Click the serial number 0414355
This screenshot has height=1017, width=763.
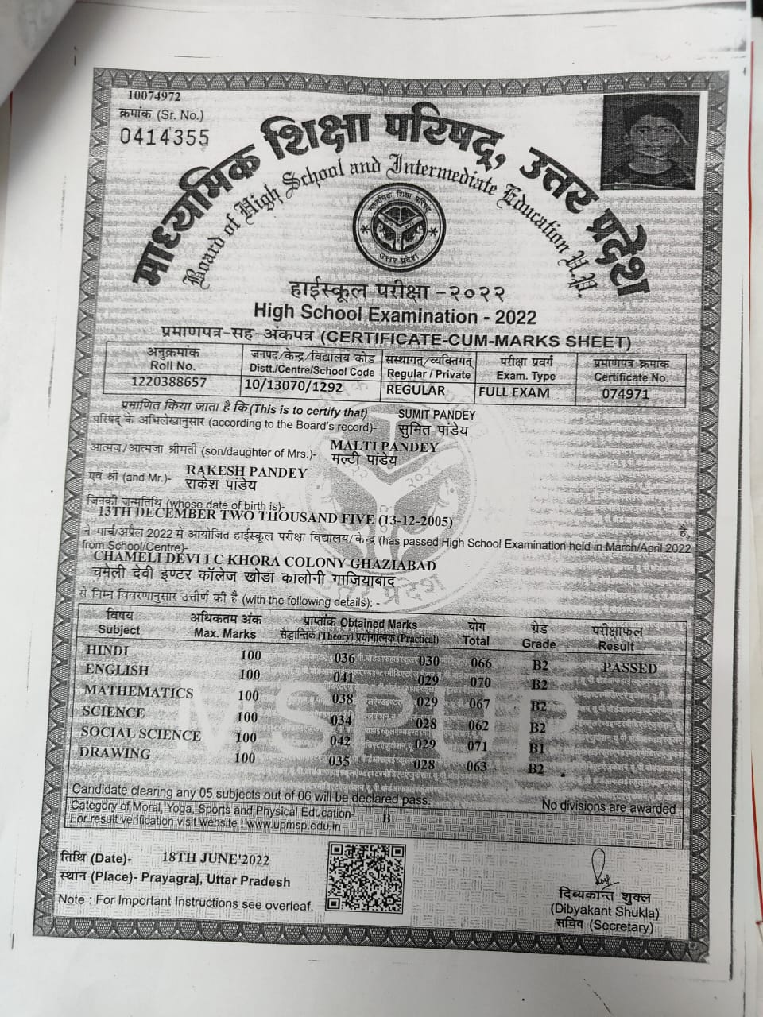pyautogui.click(x=165, y=137)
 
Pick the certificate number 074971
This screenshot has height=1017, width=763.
pyautogui.click(x=626, y=392)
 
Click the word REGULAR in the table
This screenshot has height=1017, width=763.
pyautogui.click(x=416, y=390)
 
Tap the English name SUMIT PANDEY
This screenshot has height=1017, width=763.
pyautogui.click(x=436, y=415)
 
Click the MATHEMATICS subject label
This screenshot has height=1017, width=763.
pyautogui.click(x=138, y=692)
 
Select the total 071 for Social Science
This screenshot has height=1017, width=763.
pyautogui.click(x=477, y=748)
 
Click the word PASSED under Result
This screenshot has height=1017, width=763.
pyautogui.click(x=629, y=668)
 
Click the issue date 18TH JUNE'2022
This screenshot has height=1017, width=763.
pyautogui.click(x=215, y=859)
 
